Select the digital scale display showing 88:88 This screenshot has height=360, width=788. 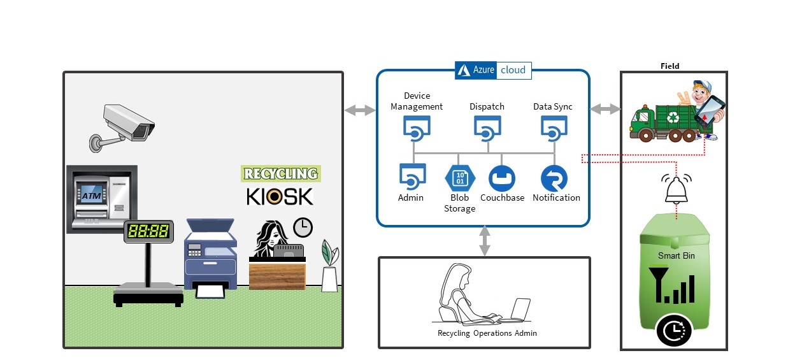(148, 231)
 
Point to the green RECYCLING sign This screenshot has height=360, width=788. (281, 173)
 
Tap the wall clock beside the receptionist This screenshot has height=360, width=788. (303, 227)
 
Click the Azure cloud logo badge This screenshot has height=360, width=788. (493, 70)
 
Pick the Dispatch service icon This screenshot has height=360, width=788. (487, 129)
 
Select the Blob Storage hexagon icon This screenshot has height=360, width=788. (459, 178)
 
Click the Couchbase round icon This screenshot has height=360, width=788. (501, 178)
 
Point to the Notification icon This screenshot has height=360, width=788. (554, 178)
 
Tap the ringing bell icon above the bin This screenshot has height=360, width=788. (676, 188)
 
